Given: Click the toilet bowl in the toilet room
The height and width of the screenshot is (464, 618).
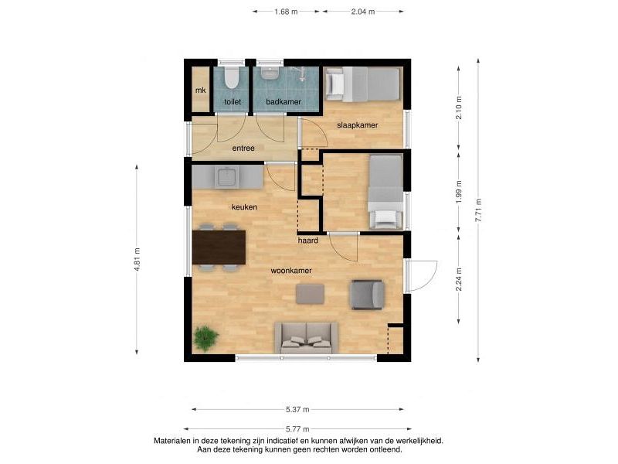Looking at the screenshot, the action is (231, 78).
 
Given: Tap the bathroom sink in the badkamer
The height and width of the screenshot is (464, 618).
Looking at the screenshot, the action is (270, 73).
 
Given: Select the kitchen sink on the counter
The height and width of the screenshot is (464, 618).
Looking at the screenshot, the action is (226, 176).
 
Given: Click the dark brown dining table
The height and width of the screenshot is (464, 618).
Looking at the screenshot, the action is (219, 247).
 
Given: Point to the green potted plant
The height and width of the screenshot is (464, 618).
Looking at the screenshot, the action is (205, 339).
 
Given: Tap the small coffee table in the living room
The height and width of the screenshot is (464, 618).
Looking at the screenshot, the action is (311, 294).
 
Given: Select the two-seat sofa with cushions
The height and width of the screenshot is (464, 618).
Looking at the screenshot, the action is (306, 338).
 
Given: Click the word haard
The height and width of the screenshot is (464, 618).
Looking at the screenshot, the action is (307, 241).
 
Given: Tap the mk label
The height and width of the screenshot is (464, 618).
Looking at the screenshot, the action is (201, 90).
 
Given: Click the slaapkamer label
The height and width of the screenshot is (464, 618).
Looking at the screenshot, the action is (357, 125).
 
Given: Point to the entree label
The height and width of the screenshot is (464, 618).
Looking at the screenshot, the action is (243, 148).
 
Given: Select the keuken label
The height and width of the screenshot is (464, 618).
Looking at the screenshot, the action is (244, 207).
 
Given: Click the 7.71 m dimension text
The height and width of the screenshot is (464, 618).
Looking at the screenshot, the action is (479, 210).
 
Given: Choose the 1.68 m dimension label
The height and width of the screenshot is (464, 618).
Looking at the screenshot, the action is (286, 12).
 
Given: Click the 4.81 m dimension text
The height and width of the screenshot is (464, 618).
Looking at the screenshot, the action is (138, 259).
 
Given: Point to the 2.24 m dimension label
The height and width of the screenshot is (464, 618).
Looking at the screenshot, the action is (459, 279).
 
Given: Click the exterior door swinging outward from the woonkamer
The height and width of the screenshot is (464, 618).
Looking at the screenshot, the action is (421, 276).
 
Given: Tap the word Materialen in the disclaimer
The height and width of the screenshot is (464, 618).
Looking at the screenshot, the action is (171, 441).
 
